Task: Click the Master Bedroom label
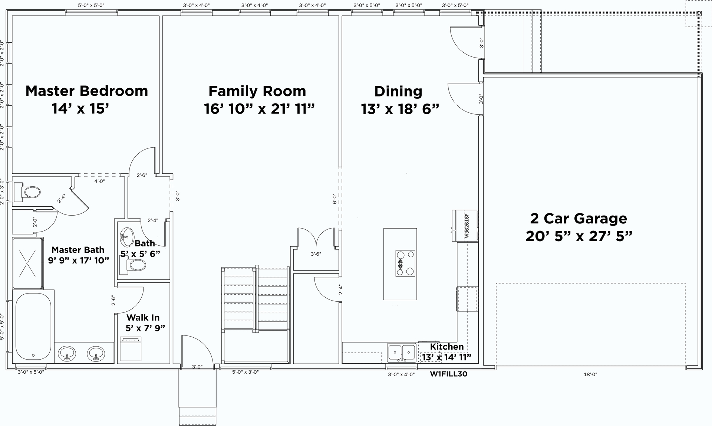coord(86,91)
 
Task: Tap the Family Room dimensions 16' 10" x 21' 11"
coord(259,109)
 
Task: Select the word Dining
coord(398,91)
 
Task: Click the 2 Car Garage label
coord(578,219)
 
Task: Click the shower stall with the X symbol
coord(28,263)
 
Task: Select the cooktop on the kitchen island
coord(405,263)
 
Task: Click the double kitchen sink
coord(402,352)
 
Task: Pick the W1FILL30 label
coord(448,374)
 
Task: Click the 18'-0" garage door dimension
coord(590,374)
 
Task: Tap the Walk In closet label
coord(143,318)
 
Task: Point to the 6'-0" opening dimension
coord(334,199)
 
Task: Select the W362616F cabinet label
coord(467,226)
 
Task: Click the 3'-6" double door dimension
coord(316,254)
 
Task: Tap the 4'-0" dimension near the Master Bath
coord(99,181)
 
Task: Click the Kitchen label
coord(446,347)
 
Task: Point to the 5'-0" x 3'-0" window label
coord(245,372)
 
